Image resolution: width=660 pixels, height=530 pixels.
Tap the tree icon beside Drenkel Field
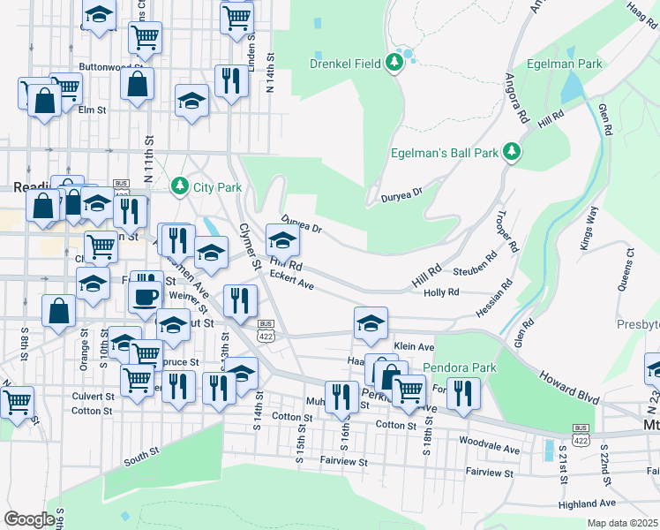pyautogui.click(x=396, y=61)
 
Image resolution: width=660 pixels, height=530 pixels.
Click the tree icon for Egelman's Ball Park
pyautogui.click(x=511, y=152)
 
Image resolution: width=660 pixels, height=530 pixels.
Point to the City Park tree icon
pyautogui.click(x=180, y=186)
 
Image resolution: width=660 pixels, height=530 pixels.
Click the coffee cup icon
pyautogui.click(x=146, y=299)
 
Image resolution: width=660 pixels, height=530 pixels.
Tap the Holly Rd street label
pyautogui.click(x=441, y=292)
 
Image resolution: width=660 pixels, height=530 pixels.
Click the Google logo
pyautogui.click(x=29, y=519)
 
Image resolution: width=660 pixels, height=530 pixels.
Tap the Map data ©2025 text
pyautogui.click(x=621, y=523)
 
